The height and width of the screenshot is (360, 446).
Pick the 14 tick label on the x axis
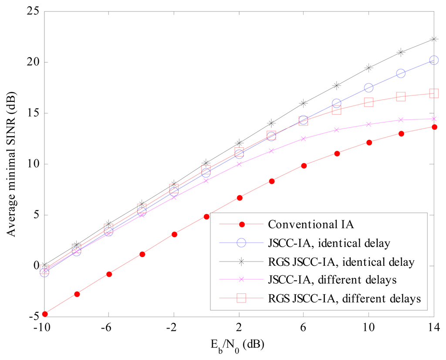(433, 327)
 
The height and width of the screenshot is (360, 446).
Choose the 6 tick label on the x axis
(304, 327)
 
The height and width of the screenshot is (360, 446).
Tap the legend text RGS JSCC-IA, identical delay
(341, 262)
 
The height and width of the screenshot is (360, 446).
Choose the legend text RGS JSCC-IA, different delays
(344, 299)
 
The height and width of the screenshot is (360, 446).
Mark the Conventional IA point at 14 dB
(434, 127)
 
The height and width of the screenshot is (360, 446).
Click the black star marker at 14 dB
(434, 39)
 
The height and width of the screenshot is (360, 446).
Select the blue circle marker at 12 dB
(401, 73)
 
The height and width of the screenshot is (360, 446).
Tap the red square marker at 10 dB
(368, 102)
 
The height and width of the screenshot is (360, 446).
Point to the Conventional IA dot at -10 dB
(44, 314)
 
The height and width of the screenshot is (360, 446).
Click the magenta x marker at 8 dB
(336, 129)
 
